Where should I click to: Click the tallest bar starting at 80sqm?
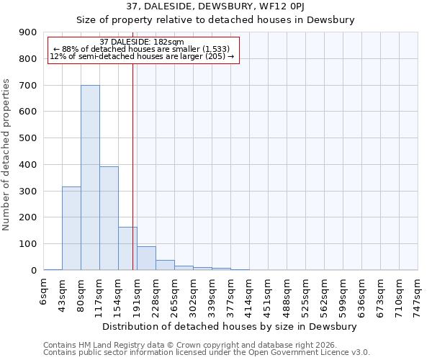[90, 178]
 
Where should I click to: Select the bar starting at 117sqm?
[109, 218]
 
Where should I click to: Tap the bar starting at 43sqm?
[71, 228]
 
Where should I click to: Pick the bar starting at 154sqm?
[127, 248]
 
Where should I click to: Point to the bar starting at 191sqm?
[146, 258]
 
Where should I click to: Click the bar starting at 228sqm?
[165, 265]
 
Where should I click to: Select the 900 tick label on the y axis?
[28, 32]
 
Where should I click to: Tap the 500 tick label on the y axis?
[28, 138]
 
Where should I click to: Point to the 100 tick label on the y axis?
[28, 244]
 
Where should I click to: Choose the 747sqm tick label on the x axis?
[418, 294]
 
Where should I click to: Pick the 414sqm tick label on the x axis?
[249, 294]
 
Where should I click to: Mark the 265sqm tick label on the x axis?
[174, 294]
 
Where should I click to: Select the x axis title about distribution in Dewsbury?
[230, 326]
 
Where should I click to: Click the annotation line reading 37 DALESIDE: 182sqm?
[142, 42]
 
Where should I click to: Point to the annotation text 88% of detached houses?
[141, 49]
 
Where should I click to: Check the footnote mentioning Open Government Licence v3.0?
[207, 353]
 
